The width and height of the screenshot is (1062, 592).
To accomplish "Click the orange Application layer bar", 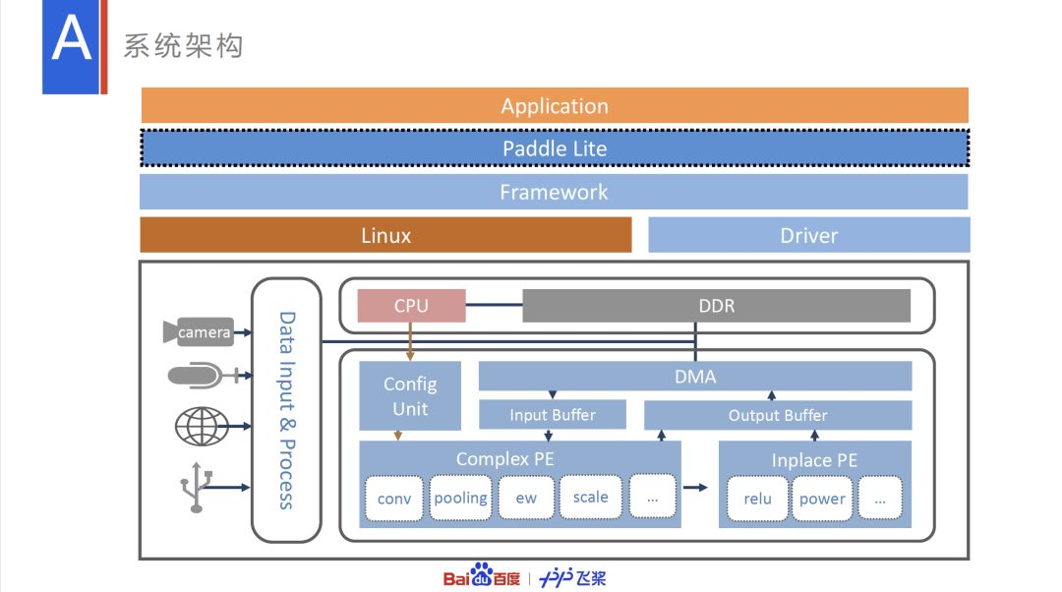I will (x=555, y=105).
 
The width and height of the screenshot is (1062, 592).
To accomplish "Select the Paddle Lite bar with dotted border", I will (x=555, y=148).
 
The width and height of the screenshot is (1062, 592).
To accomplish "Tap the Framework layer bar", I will (x=554, y=192).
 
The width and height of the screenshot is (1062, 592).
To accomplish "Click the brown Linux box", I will (x=385, y=235).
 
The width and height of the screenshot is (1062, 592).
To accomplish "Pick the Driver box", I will (x=808, y=235).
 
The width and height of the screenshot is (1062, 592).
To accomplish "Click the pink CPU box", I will (x=411, y=306).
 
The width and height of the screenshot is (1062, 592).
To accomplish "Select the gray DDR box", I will (x=716, y=306).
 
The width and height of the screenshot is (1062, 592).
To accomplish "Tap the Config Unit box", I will (x=410, y=396).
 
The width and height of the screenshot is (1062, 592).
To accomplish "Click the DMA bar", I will (x=695, y=377).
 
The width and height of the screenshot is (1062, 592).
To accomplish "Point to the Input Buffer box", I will (x=552, y=415).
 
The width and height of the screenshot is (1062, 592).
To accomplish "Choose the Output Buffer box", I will (x=778, y=415).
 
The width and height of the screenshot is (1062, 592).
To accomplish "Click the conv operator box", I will (x=394, y=498).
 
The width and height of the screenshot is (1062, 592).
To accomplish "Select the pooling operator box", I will (x=460, y=498).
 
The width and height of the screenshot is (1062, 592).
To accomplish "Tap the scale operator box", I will (x=590, y=497).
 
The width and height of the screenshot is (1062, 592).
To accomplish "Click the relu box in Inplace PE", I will (x=757, y=498).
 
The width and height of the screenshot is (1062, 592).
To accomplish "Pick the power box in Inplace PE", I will (x=822, y=498).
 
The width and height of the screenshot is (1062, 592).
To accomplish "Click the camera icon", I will (x=198, y=332).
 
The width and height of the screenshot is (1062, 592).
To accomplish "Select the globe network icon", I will (x=202, y=427).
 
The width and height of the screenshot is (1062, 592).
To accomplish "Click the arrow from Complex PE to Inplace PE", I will (x=696, y=487).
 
